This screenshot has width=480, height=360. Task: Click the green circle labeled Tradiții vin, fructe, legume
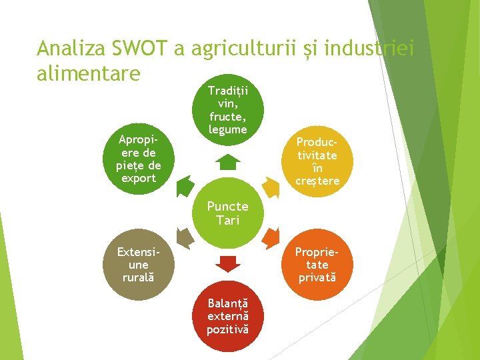[227, 110]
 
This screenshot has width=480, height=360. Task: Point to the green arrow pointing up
[227, 163]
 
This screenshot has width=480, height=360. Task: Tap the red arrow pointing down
[227, 264]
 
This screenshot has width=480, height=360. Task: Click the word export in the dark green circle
[136, 178]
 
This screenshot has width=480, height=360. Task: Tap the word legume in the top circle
[227, 129]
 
